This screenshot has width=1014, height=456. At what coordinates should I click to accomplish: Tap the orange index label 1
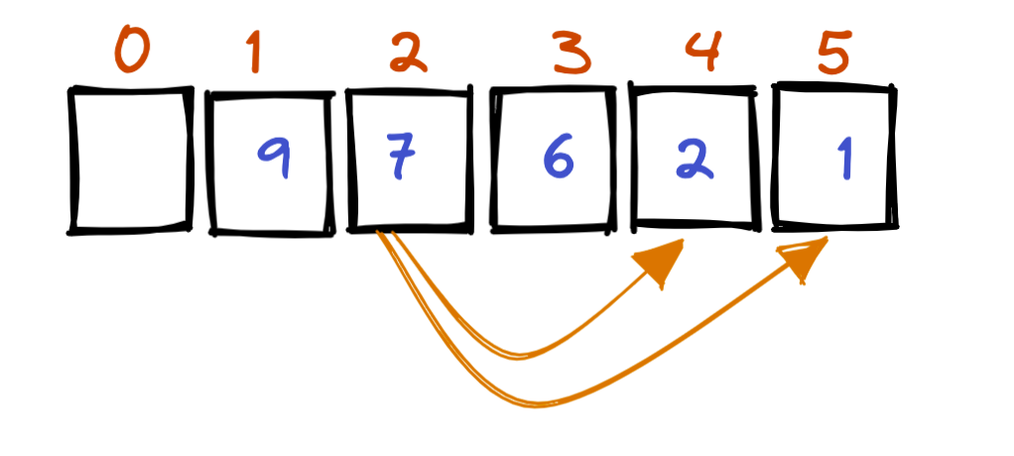tap(255, 52)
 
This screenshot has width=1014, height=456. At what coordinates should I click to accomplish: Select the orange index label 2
tap(407, 52)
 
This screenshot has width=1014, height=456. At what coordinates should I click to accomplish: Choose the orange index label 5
tap(835, 53)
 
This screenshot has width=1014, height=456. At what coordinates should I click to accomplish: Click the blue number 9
tap(273, 160)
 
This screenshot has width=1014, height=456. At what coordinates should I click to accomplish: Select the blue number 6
tap(559, 162)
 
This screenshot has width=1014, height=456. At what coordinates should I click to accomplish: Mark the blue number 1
tap(844, 160)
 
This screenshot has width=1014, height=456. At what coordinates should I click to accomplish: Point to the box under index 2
tap(408, 162)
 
